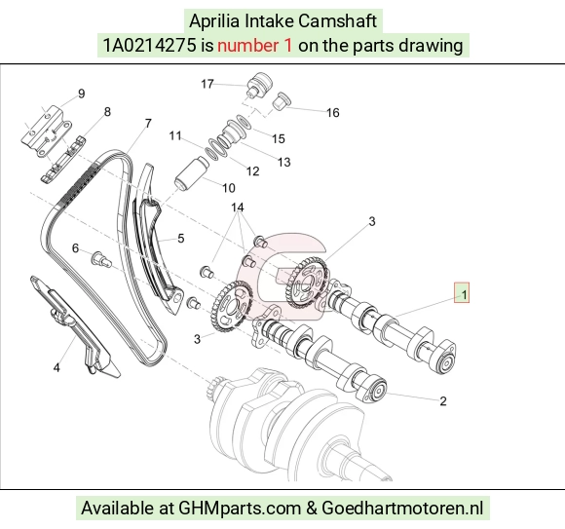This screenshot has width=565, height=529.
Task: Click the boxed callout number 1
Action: pos(464,295)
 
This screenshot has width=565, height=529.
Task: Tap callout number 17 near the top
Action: pos(207,84)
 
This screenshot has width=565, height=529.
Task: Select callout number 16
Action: pos(333,113)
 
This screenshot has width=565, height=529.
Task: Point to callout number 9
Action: pos(82,94)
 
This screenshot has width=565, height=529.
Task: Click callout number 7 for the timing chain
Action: pos(148,124)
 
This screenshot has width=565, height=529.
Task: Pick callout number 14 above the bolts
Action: pos(238,208)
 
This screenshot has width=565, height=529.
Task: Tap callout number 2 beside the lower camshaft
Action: pos(443,401)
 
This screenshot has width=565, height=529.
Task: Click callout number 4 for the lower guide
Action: pos(56,368)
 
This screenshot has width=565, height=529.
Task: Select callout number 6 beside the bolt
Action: pos(75,247)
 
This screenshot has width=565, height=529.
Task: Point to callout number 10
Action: pos(229,188)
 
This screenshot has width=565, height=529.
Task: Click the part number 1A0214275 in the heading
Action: pos(150,46)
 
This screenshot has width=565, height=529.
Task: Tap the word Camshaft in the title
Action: pos(337,20)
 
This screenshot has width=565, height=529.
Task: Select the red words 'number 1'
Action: pos(255,46)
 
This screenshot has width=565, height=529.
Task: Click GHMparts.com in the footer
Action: pos(240,509)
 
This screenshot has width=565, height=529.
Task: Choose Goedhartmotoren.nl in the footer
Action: pos(402,509)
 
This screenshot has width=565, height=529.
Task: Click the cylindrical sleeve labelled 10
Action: pos(192,173)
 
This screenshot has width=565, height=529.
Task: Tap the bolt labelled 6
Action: pos(101,260)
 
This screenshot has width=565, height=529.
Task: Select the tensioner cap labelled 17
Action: pos(260,85)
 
